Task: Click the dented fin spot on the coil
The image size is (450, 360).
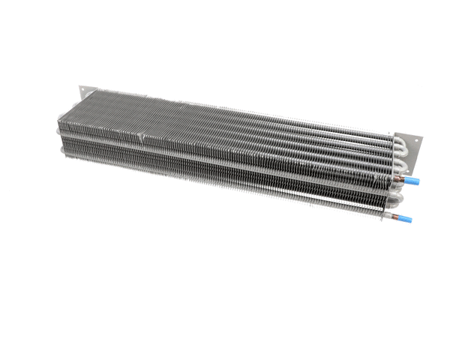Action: click(140, 137)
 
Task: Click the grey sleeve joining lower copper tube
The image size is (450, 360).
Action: click(384, 217)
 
